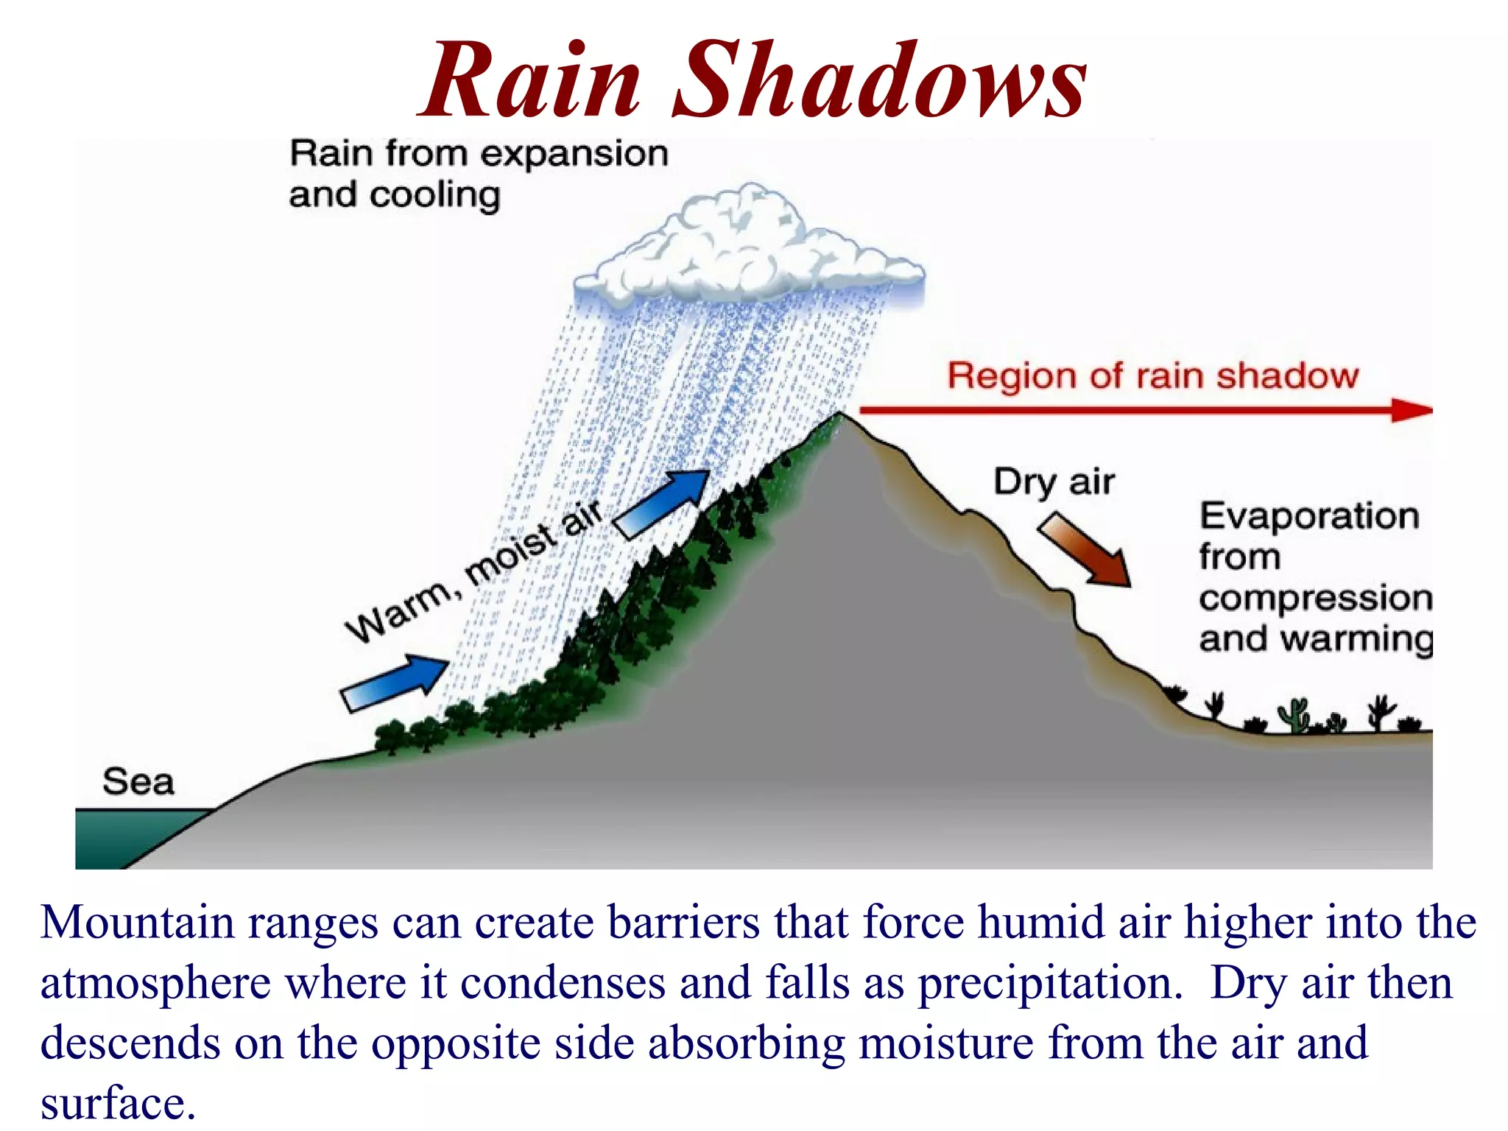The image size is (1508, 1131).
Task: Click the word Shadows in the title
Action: (x=879, y=81)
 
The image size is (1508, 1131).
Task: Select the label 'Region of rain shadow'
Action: (x=1152, y=376)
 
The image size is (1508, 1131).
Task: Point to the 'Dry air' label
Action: (x=1054, y=482)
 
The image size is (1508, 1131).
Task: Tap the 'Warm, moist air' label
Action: (x=475, y=571)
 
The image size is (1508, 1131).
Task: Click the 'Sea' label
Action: (x=138, y=781)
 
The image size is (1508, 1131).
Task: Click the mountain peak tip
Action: (x=840, y=415)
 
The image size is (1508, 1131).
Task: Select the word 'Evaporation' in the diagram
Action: (x=1309, y=515)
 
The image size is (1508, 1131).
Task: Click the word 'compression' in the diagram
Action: (x=1315, y=598)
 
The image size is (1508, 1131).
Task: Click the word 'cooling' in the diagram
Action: (x=434, y=196)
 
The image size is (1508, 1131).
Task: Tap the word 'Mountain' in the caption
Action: (x=137, y=922)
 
